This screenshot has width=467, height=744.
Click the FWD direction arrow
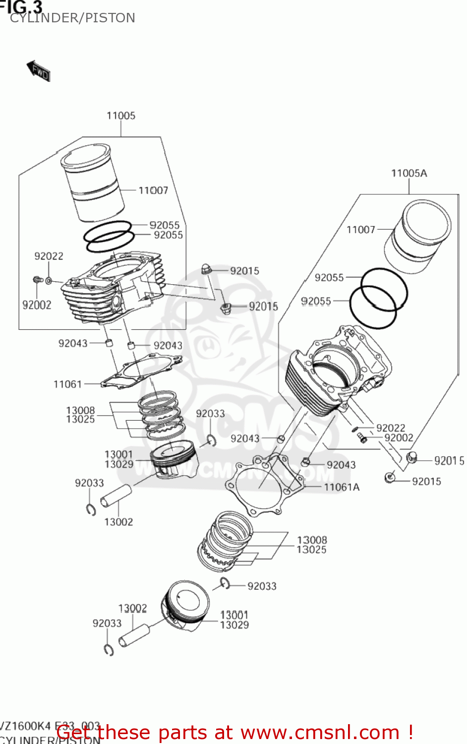tap(39, 71)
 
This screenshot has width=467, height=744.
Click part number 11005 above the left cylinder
tap(121, 116)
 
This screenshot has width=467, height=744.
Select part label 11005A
tap(409, 173)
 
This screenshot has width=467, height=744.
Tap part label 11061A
tap(342, 487)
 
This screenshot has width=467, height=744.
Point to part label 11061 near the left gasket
tap(67, 384)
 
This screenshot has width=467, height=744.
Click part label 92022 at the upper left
tap(49, 256)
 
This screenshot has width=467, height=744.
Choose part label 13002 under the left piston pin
tap(118, 522)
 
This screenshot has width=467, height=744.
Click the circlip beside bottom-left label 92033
tap(109, 650)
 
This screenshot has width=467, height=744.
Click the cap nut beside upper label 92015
tap(207, 269)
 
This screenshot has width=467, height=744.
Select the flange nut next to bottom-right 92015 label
tap(390, 478)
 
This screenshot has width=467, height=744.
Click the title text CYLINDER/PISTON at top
tap(72, 18)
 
